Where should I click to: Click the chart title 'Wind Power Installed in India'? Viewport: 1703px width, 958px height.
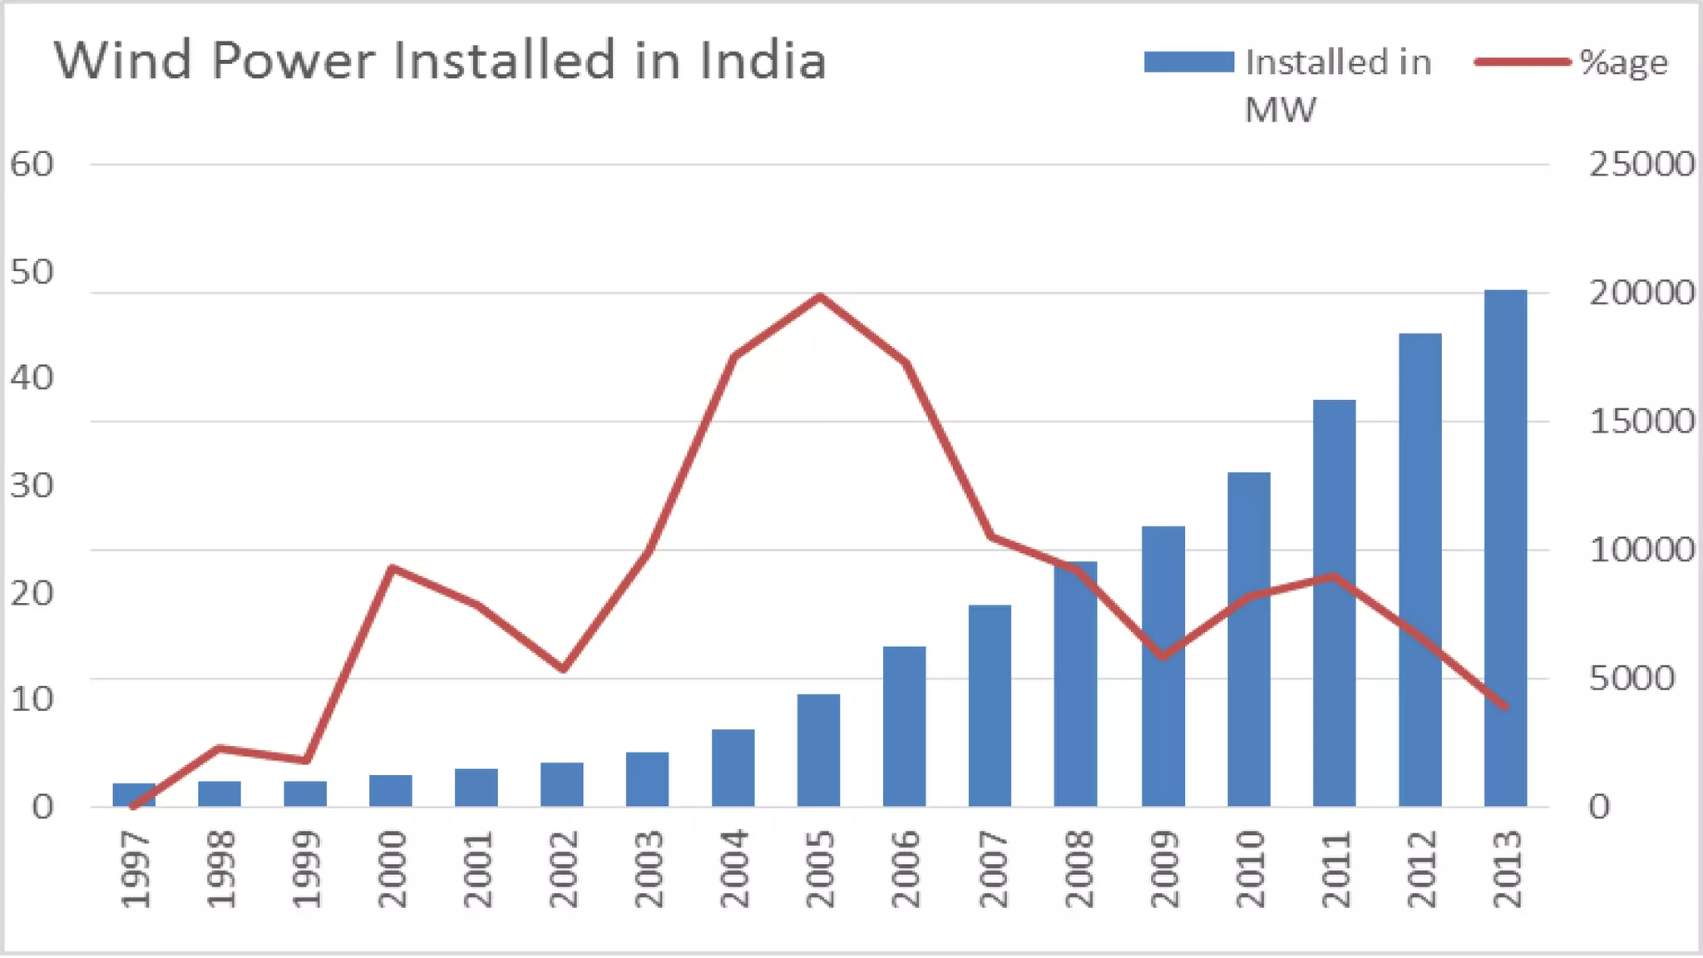tap(441, 61)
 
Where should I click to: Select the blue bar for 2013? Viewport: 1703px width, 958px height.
tap(1505, 549)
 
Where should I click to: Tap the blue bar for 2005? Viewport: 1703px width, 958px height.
tap(818, 750)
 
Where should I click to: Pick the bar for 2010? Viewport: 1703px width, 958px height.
tap(1248, 639)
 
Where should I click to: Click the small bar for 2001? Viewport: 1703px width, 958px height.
tap(476, 788)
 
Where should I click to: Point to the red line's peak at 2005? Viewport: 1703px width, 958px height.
tap(820, 296)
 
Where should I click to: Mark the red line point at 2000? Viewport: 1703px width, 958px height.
tap(392, 569)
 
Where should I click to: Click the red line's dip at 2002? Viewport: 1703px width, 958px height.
tap(562, 669)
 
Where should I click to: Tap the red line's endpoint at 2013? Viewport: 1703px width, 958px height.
tap(1505, 707)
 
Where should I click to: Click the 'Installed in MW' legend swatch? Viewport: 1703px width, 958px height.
tap(1188, 62)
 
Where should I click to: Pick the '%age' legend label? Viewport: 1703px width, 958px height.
tap(1623, 62)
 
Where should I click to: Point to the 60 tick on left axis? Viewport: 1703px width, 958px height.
tap(32, 165)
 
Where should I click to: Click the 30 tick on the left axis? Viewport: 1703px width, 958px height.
tap(32, 486)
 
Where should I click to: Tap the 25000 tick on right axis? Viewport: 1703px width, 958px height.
tap(1641, 165)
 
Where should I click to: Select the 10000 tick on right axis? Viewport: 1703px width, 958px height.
tap(1641, 550)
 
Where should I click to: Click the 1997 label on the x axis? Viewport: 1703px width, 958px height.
tap(135, 869)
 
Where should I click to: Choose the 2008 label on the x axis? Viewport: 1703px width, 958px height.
tap(1076, 869)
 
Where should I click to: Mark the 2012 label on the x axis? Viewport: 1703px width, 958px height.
tap(1419, 869)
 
